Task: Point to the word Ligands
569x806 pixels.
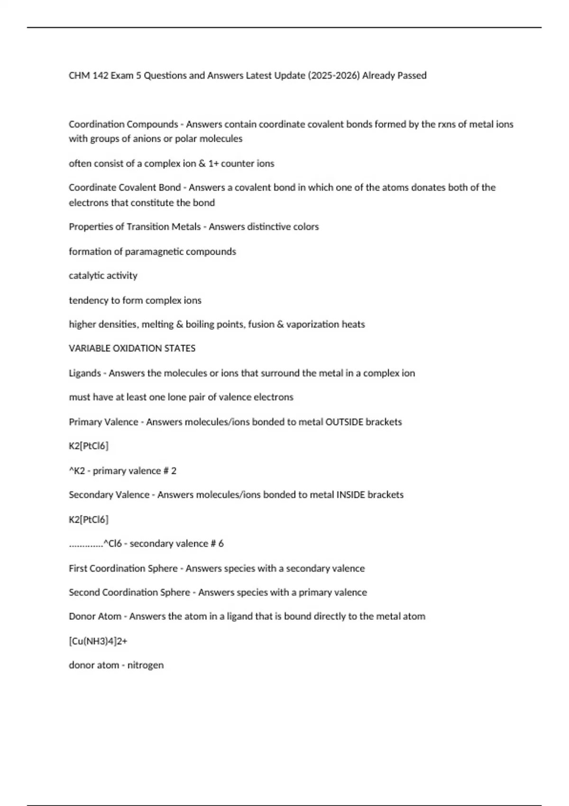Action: pyautogui.click(x=85, y=373)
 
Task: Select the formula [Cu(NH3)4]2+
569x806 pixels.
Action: pyautogui.click(x=98, y=641)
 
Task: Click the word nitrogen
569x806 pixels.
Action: pyautogui.click(x=146, y=665)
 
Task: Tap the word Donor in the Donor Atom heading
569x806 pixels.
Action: pyautogui.click(x=82, y=617)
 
